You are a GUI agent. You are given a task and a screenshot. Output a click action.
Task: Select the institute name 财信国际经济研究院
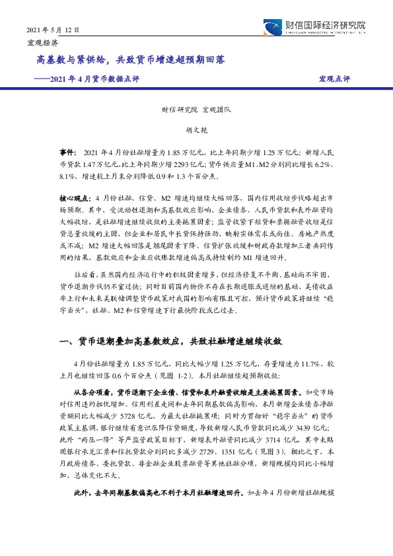coord(323,25)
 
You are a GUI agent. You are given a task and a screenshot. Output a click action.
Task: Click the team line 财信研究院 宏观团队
coord(194,112)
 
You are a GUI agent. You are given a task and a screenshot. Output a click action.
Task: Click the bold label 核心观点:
coord(76,198)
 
